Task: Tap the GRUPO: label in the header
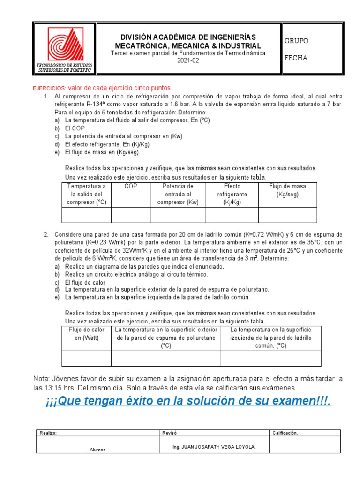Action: (297, 41)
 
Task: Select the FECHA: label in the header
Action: (297, 58)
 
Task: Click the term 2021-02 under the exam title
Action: (188, 60)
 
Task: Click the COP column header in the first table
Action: (130, 186)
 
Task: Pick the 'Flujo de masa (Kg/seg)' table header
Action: (287, 190)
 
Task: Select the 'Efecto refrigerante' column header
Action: (232, 194)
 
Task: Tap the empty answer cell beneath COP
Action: (130, 214)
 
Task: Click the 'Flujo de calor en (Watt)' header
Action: (87, 334)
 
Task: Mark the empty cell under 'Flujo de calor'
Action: (87, 358)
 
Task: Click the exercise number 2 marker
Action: (46, 234)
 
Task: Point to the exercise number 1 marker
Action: (46, 97)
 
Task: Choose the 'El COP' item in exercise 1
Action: (74, 128)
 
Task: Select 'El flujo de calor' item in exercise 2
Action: (85, 283)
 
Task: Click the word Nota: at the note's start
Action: (44, 378)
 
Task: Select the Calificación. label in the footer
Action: (285, 433)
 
